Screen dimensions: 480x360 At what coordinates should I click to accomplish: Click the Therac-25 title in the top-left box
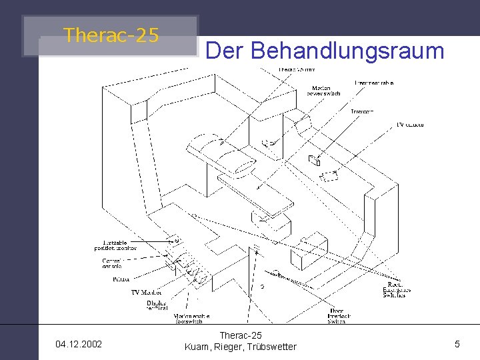click(x=111, y=35)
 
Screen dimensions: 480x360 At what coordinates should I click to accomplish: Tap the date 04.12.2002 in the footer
click(x=79, y=344)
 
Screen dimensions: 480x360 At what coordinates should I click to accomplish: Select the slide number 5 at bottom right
click(x=457, y=344)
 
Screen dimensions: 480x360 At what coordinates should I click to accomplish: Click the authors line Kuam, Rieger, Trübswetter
click(x=240, y=347)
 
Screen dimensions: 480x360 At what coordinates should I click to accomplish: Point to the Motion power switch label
click(x=324, y=91)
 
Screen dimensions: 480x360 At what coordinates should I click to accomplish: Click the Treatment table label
click(x=373, y=83)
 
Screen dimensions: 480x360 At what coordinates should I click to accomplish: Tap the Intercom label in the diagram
click(x=362, y=111)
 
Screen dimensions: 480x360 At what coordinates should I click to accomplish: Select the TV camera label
click(x=409, y=125)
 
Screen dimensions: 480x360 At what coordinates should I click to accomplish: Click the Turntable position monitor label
click(x=115, y=245)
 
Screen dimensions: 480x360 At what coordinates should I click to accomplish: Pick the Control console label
click(x=111, y=263)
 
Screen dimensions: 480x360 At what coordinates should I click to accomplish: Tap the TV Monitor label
click(x=147, y=293)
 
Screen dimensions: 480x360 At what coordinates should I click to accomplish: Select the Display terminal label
click(x=157, y=305)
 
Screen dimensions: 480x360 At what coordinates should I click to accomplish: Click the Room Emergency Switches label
click(x=394, y=289)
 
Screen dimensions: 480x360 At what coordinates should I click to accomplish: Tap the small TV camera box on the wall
click(x=314, y=160)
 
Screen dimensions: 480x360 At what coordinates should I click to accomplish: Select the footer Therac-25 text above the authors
click(x=240, y=335)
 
